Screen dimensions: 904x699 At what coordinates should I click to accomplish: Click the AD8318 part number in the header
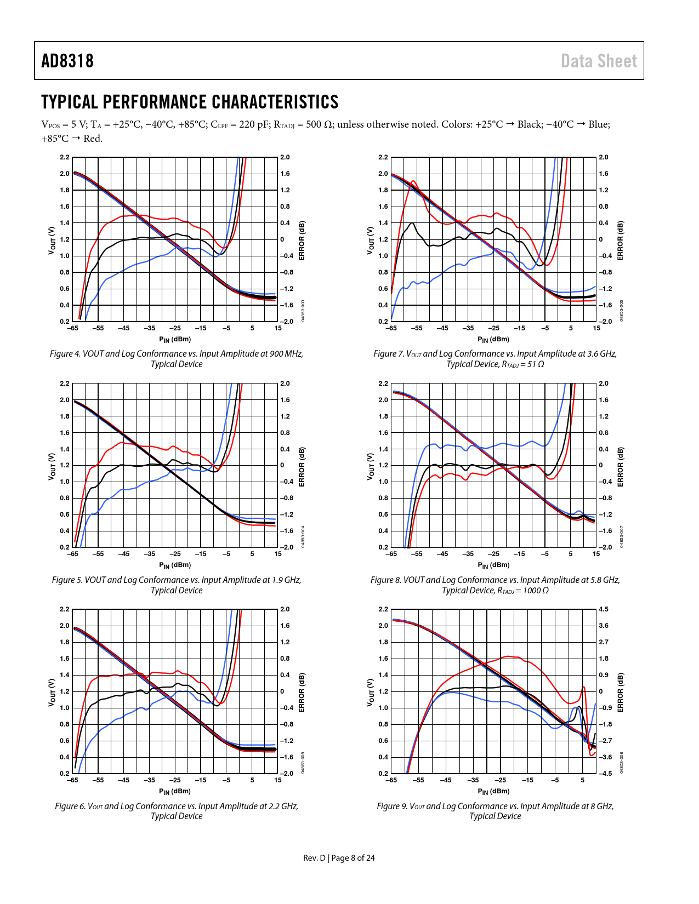pyautogui.click(x=67, y=61)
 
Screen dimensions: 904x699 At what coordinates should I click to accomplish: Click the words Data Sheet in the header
pyautogui.click(x=599, y=61)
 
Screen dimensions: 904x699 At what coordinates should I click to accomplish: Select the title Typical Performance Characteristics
pyautogui.click(x=190, y=102)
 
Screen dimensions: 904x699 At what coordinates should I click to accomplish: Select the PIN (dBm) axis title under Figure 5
pyautogui.click(x=175, y=565)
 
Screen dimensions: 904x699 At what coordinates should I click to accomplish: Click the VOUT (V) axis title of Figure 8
pyautogui.click(x=370, y=467)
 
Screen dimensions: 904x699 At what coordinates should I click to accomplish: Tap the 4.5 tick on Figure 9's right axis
pyautogui.click(x=604, y=609)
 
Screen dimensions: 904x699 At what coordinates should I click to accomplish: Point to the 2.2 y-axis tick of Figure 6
pyautogui.click(x=65, y=609)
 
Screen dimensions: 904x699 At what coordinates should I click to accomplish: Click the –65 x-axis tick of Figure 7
pyautogui.click(x=391, y=328)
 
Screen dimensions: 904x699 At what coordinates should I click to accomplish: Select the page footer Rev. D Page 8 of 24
pyautogui.click(x=339, y=858)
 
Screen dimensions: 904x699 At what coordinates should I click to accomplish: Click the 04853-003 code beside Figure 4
pyautogui.click(x=303, y=311)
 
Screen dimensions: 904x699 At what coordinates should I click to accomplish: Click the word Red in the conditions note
pyautogui.click(x=92, y=139)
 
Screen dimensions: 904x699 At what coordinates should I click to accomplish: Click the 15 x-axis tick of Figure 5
pyautogui.click(x=278, y=554)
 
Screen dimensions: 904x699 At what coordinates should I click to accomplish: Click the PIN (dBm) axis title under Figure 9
pyautogui.click(x=493, y=791)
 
